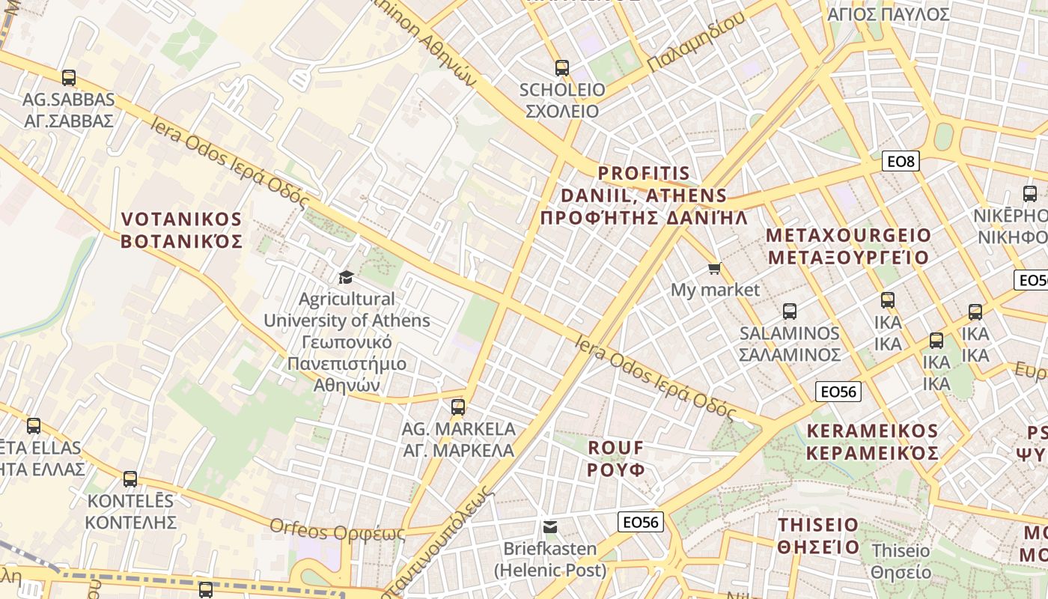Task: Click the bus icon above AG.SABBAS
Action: [69, 77]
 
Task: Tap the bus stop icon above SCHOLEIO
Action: [562, 67]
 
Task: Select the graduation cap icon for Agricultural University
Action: [346, 277]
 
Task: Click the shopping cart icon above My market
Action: [715, 268]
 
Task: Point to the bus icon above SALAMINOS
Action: [790, 311]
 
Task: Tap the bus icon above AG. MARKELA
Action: [458, 407]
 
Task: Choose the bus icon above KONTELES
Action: [130, 478]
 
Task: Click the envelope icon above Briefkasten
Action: [550, 527]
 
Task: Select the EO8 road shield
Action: [901, 161]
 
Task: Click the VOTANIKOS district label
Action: [182, 231]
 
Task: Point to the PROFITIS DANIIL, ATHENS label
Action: [644, 196]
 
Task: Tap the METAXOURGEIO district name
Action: [848, 246]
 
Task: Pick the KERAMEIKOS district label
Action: [872, 443]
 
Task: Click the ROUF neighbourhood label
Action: [615, 458]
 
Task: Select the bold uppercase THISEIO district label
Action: [818, 535]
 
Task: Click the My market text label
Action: [715, 290]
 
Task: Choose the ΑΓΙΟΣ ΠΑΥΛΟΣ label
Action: [889, 14]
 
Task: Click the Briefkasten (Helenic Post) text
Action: [550, 559]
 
